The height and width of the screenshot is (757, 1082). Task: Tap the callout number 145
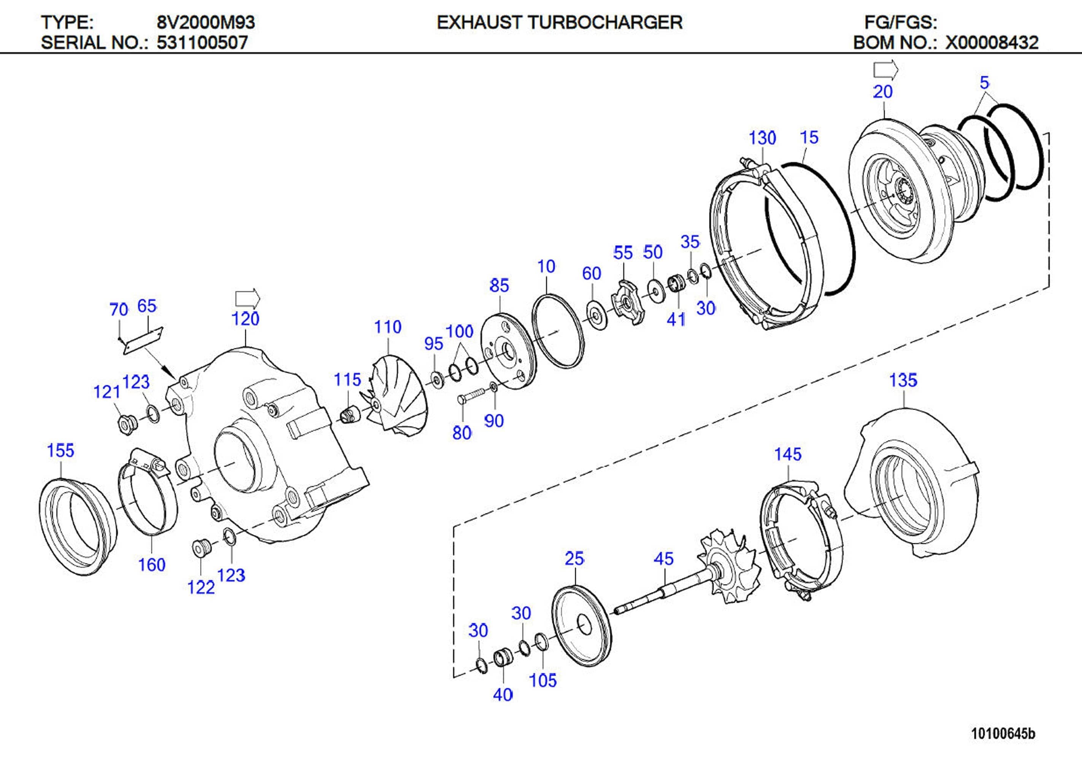pyautogui.click(x=787, y=454)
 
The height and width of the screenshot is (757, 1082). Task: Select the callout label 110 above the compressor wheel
pyautogui.click(x=387, y=327)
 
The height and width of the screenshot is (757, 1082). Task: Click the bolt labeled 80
pyautogui.click(x=472, y=395)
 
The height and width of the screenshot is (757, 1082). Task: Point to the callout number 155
pyautogui.click(x=60, y=450)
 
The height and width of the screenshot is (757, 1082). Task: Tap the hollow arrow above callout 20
pyautogui.click(x=885, y=70)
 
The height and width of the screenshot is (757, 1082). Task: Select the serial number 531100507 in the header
pyautogui.click(x=202, y=43)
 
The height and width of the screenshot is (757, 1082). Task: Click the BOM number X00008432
pyautogui.click(x=992, y=43)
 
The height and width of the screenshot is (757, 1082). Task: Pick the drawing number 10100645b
pyautogui.click(x=1003, y=733)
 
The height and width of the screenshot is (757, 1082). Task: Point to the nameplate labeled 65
pyautogui.click(x=143, y=340)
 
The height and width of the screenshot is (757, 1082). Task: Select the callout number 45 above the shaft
pyautogui.click(x=663, y=559)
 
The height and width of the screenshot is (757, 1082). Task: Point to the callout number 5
pyautogui.click(x=984, y=83)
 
